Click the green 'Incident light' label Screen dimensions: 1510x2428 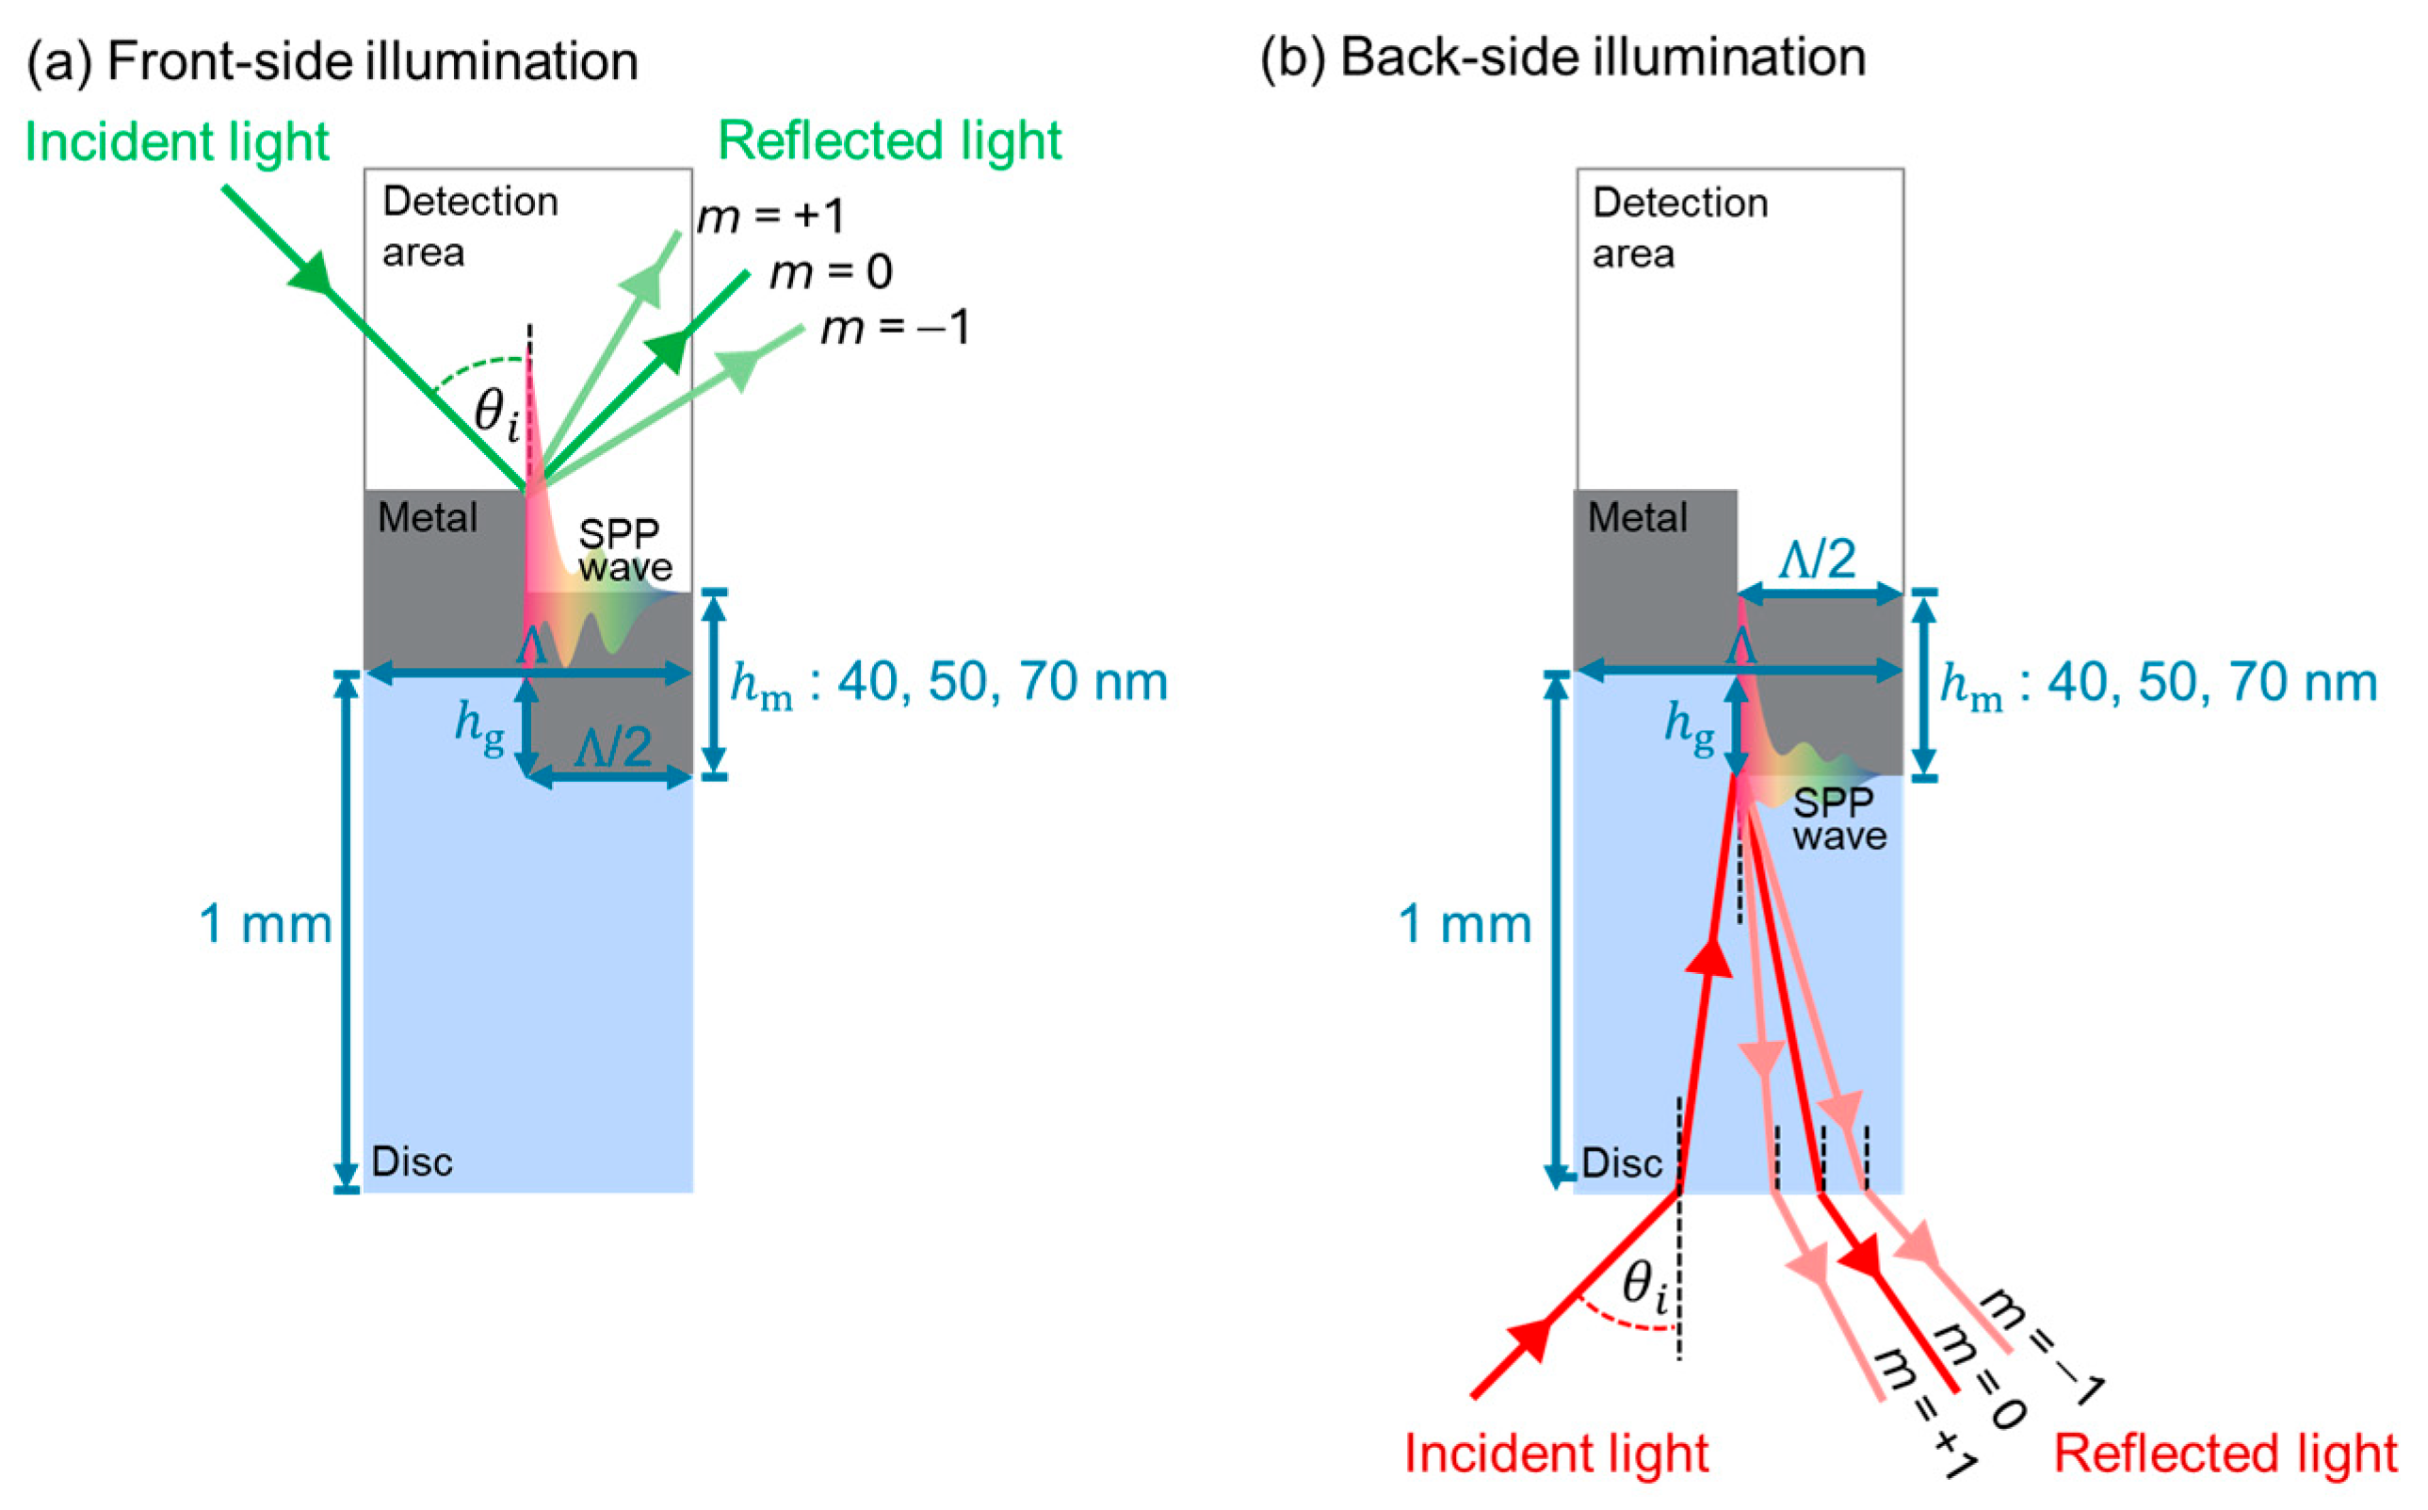(176, 142)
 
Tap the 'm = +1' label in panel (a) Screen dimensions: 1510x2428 (769, 217)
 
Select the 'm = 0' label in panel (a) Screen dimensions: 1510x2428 (830, 272)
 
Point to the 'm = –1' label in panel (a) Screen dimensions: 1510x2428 (895, 329)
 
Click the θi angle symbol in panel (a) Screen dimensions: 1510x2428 (495, 413)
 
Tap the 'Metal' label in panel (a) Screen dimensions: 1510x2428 (428, 517)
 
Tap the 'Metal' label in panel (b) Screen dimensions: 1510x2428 (1636, 517)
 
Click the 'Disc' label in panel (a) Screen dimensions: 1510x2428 (412, 1161)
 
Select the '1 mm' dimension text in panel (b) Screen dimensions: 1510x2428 (1464, 924)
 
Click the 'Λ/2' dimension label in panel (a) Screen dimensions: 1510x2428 (613, 746)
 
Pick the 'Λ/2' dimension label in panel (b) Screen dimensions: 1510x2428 (1817, 559)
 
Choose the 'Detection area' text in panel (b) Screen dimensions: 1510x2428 (1678, 228)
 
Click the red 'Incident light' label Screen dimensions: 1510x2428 (1556, 1453)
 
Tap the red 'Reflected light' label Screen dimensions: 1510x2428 (2225, 1453)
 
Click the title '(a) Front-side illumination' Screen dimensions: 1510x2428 (332, 61)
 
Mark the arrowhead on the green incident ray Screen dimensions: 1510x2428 (312, 271)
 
